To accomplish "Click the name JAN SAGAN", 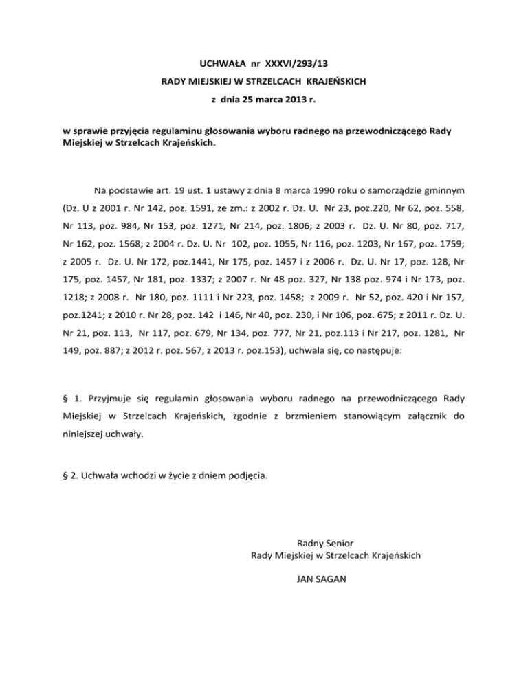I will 320,579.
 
